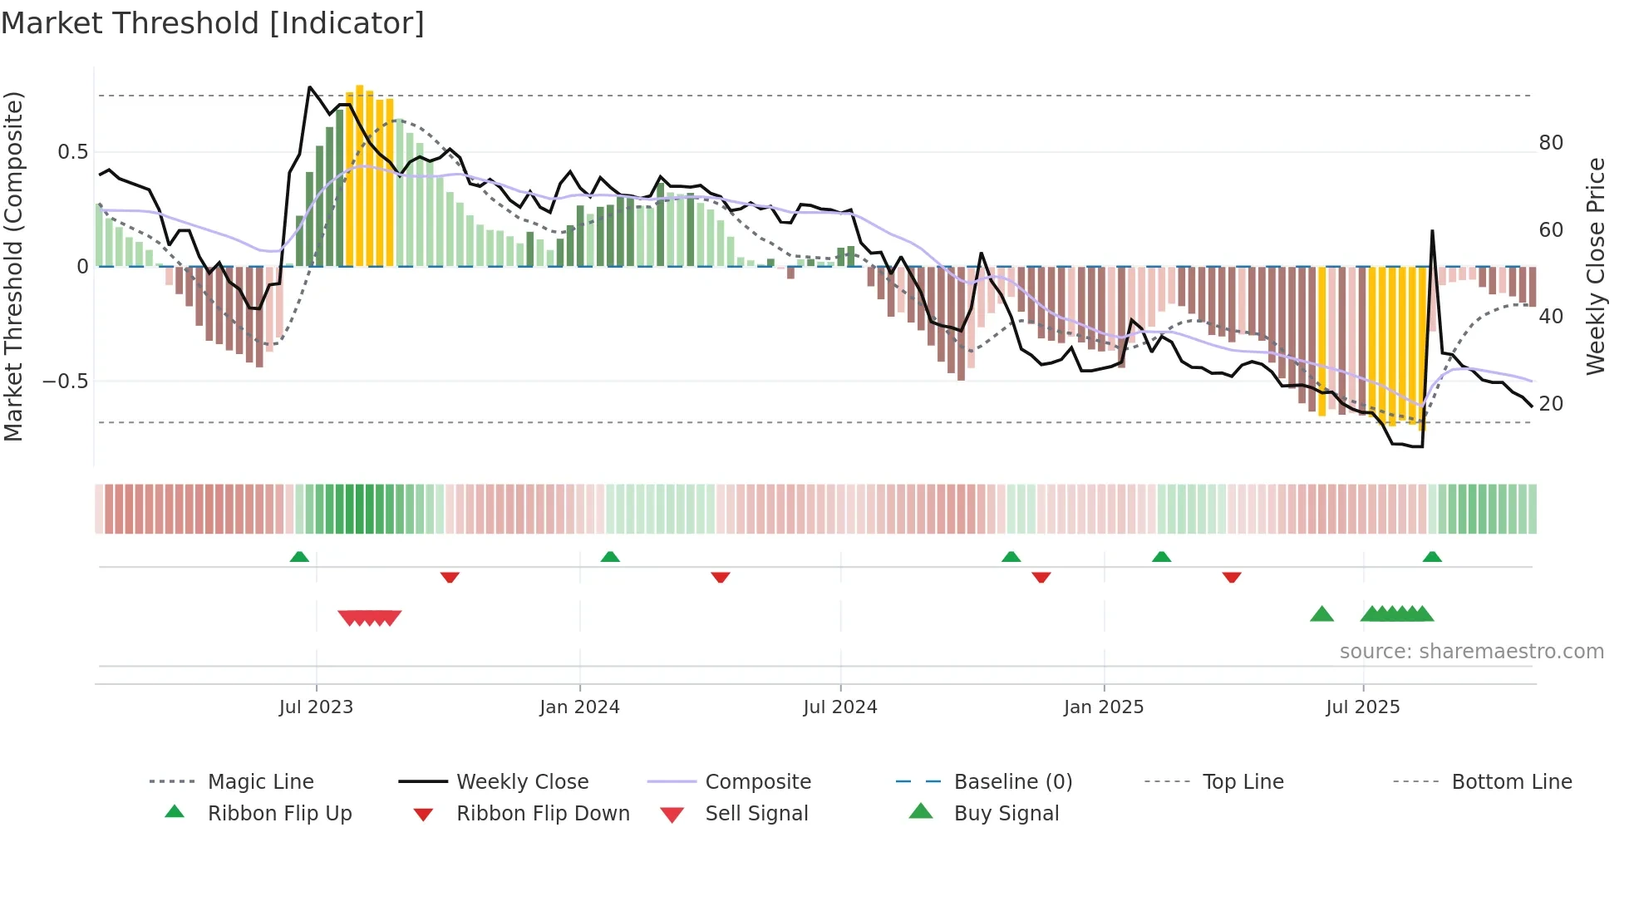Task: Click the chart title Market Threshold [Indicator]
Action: pos(213,23)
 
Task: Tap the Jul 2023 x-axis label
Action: pos(316,707)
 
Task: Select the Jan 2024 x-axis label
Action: pos(579,707)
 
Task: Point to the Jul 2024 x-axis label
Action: pos(840,707)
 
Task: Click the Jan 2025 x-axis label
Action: pos(1104,707)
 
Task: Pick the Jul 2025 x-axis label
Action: pos(1363,707)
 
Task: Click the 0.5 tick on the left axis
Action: pos(73,152)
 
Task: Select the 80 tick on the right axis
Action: pos(1551,143)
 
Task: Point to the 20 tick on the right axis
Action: pos(1551,404)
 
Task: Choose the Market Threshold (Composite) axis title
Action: pos(13,266)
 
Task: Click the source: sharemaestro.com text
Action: pos(1471,652)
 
